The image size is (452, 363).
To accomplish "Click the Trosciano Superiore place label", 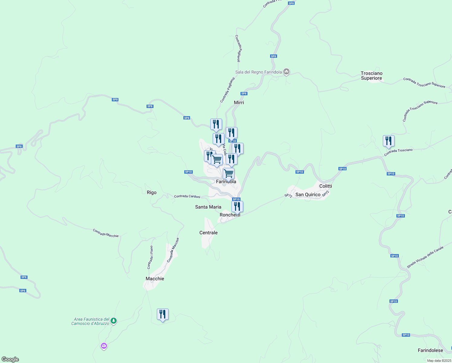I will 371,76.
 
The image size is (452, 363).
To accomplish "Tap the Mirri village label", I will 239,103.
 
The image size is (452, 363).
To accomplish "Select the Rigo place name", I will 152,192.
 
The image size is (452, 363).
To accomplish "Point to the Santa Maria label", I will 208,207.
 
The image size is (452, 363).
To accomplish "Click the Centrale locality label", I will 208,233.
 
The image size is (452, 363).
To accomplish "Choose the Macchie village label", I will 155,279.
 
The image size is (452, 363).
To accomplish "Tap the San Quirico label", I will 308,195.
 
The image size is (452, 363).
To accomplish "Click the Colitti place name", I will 325,186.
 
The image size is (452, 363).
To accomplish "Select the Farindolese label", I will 430,350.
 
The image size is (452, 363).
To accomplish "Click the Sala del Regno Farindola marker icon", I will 287,72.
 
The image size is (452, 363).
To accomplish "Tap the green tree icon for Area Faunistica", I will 114,320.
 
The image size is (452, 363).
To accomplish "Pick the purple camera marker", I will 104,345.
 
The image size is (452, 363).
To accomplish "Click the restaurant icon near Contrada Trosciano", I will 389,141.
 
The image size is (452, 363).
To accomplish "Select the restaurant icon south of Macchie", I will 163,314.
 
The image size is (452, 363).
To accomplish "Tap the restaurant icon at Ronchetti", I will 237,207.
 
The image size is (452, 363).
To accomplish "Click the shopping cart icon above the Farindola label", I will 228,174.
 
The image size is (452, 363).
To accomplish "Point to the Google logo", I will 10,359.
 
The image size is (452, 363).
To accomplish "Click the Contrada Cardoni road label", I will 187,196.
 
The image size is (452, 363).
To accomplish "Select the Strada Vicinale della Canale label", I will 425,257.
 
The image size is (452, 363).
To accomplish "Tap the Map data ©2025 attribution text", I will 439,361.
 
